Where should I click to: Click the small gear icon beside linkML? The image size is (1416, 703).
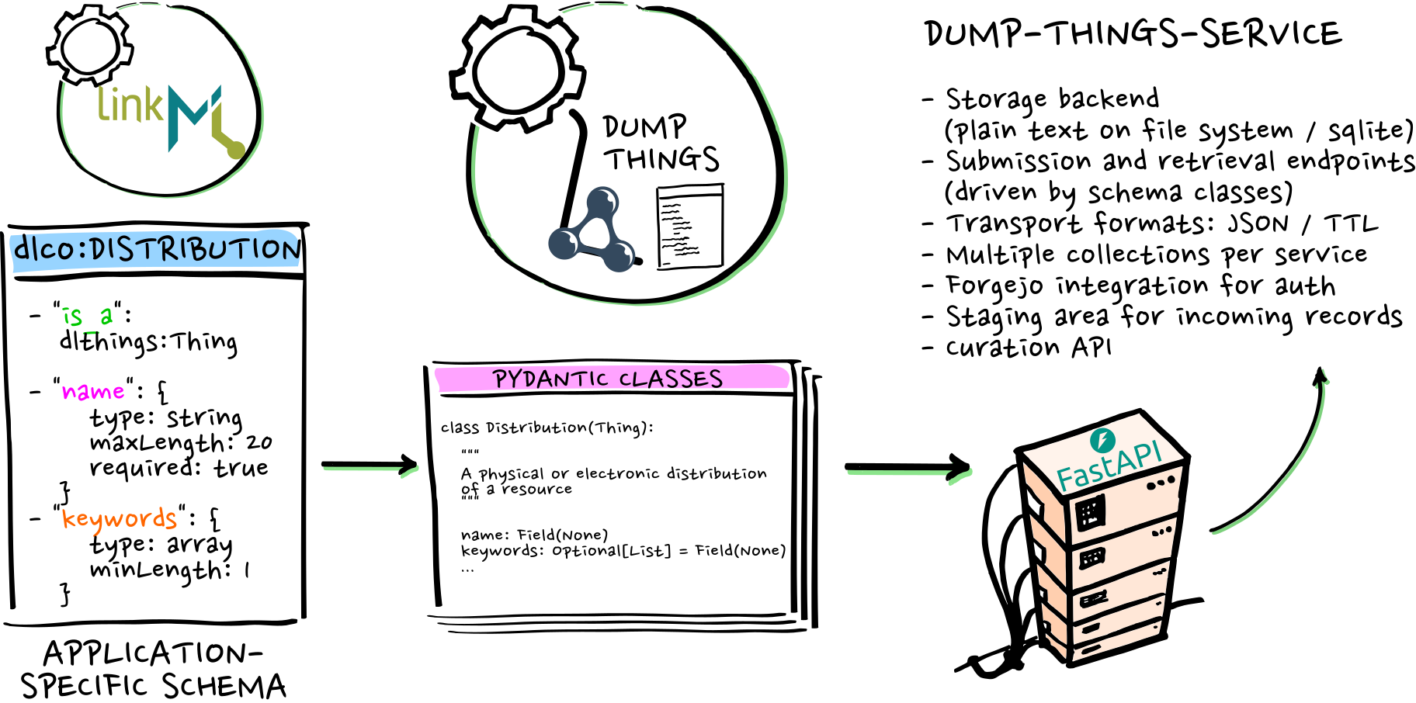click(x=90, y=46)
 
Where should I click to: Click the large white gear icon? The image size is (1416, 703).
click(x=518, y=69)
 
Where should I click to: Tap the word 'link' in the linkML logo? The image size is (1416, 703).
click(x=130, y=106)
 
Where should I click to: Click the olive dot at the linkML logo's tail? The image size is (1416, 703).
click(x=236, y=150)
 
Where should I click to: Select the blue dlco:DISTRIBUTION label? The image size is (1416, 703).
click(x=155, y=250)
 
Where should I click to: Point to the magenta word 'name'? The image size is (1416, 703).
click(x=93, y=391)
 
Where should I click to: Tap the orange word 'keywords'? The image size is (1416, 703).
click(x=120, y=519)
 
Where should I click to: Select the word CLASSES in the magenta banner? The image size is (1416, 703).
click(x=672, y=379)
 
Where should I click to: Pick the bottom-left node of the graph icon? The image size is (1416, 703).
click(x=564, y=243)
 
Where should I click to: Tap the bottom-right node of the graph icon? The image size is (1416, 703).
click(x=619, y=255)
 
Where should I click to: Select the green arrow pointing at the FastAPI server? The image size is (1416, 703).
click(x=908, y=473)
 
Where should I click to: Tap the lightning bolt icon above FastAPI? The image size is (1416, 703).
click(x=1102, y=440)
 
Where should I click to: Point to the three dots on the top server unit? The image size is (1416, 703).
click(x=1161, y=483)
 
